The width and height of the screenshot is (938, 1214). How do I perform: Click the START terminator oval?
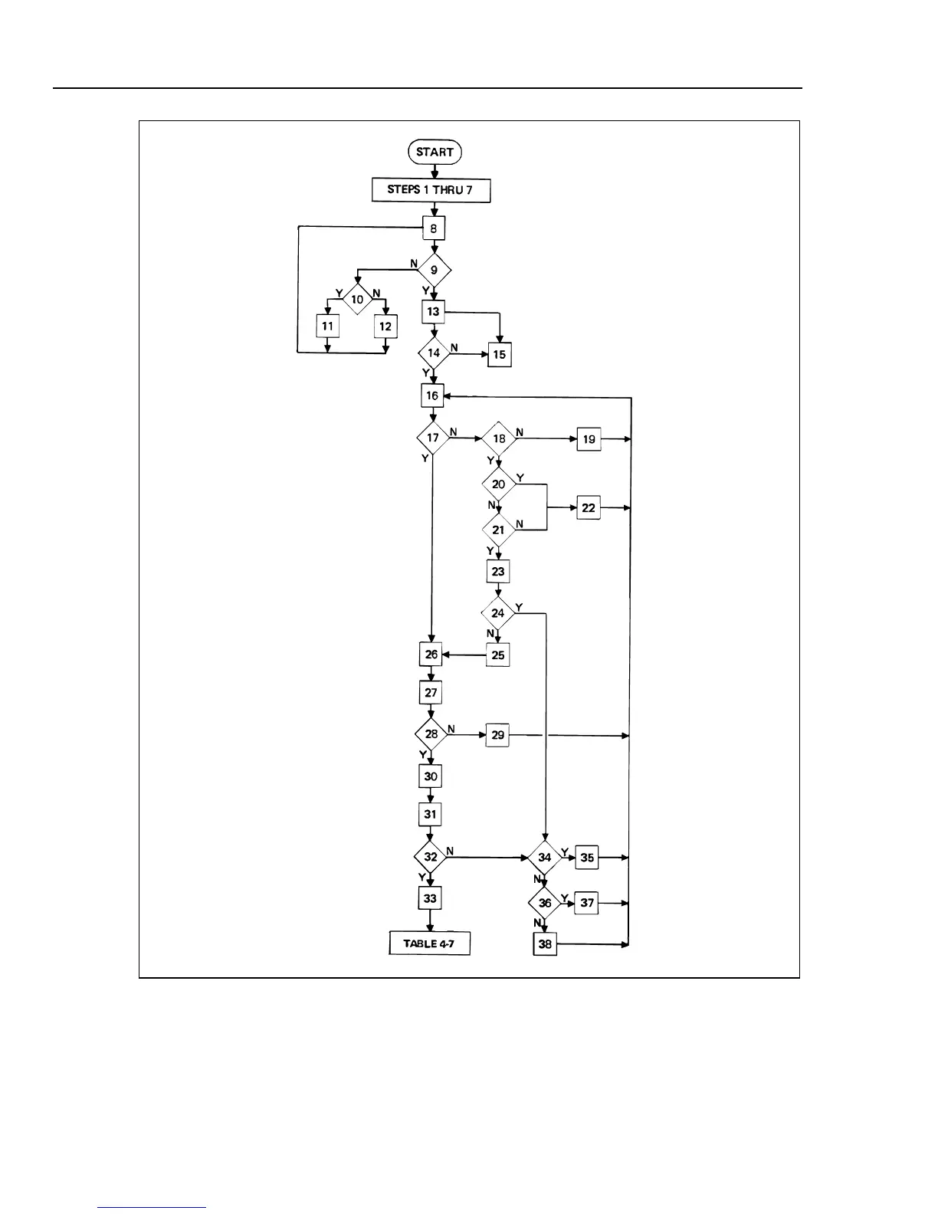(x=435, y=152)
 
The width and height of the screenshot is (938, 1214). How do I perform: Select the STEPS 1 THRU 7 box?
(x=431, y=189)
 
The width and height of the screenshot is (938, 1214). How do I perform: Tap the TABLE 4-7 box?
(x=429, y=943)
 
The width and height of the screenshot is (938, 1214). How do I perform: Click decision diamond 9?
(x=434, y=270)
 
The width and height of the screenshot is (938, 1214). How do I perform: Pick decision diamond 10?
(x=357, y=300)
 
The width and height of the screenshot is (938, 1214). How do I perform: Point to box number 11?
(x=328, y=326)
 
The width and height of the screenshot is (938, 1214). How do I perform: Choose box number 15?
(x=500, y=355)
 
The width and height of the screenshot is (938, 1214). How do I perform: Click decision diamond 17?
(x=433, y=438)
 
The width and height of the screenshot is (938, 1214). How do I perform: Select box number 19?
(x=589, y=439)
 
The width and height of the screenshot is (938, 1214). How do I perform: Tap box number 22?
(x=589, y=507)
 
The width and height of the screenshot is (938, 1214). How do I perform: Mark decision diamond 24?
(x=498, y=613)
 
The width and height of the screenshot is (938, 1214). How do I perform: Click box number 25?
(x=498, y=655)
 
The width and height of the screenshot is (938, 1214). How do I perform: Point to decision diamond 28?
(x=431, y=734)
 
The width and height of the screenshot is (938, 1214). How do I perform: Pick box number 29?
(x=498, y=735)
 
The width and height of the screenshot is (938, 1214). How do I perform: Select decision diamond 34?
(x=544, y=858)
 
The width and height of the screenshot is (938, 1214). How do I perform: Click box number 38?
(x=545, y=944)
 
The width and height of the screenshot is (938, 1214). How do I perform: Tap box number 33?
(x=430, y=898)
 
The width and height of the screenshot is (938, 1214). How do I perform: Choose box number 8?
(x=434, y=228)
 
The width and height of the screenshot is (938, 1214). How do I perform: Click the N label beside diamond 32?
(x=450, y=851)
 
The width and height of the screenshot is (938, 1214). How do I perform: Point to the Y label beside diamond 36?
(x=564, y=897)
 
